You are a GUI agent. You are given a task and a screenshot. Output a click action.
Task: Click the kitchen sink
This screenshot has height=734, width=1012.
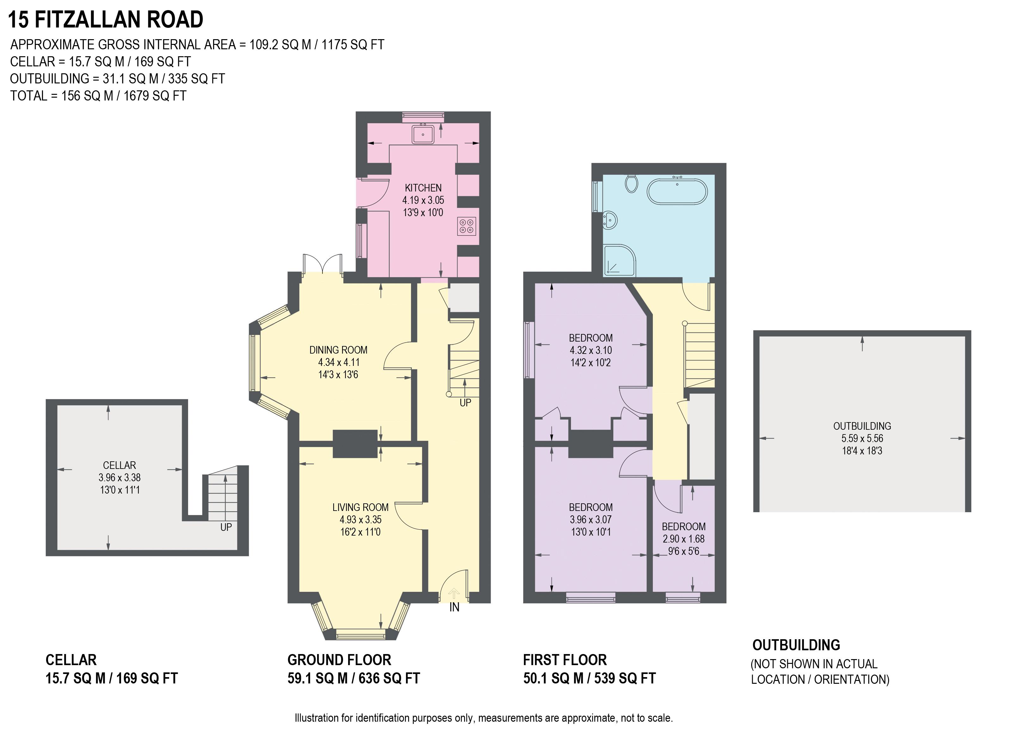tap(423, 134)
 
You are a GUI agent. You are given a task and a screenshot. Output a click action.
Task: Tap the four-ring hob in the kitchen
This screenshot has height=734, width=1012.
tap(467, 226)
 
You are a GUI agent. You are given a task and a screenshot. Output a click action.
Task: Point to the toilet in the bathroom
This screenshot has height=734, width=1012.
tap(631, 183)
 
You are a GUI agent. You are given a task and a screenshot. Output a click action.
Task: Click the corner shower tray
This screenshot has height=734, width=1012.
tap(619, 260)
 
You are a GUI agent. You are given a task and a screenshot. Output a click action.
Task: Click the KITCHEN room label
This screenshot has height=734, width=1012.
tap(423, 188)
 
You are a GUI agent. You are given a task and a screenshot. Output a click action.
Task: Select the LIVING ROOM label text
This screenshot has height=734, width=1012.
tap(360, 507)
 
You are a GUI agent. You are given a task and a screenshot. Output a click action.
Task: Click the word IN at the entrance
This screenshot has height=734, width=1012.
tap(454, 607)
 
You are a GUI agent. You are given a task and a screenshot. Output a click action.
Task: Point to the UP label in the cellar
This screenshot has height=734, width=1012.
tap(226, 527)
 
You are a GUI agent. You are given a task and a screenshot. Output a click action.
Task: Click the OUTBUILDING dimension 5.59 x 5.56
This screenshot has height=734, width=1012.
tap(862, 438)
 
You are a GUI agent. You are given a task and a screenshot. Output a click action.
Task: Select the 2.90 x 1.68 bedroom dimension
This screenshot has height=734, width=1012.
tap(684, 539)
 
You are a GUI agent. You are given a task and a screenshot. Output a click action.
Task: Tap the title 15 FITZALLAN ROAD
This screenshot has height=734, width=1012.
tap(106, 20)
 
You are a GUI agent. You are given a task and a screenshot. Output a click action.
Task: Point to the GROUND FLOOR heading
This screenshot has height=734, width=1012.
tap(339, 659)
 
